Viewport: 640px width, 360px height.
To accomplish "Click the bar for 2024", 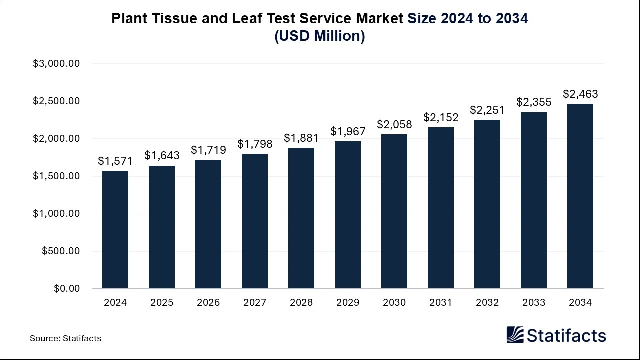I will [115, 230].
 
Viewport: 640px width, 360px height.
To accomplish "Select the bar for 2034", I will [580, 196].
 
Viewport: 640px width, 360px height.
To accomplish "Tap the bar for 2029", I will [348, 215].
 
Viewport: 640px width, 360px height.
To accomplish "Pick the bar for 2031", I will [441, 208].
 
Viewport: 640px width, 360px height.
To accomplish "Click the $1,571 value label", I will [115, 161].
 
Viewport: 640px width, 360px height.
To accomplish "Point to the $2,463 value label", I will [580, 94].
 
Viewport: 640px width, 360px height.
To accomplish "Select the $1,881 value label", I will [301, 137].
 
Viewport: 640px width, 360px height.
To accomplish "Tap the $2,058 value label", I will [394, 124].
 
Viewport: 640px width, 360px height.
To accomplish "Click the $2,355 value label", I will [534, 102].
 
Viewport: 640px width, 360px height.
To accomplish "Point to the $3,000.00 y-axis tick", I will [56, 64].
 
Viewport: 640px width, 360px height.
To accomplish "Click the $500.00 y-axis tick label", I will [61, 251].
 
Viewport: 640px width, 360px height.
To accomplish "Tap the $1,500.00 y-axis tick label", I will [56, 176].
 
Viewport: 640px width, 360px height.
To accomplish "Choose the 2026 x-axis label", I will [208, 303].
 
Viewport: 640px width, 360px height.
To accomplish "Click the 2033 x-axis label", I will [534, 303].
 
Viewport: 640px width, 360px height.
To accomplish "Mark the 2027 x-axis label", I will [255, 303].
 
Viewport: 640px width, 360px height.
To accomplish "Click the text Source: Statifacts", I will [65, 338].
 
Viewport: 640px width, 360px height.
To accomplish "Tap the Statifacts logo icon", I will [515, 335].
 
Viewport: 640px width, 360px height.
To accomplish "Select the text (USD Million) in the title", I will [320, 36].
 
